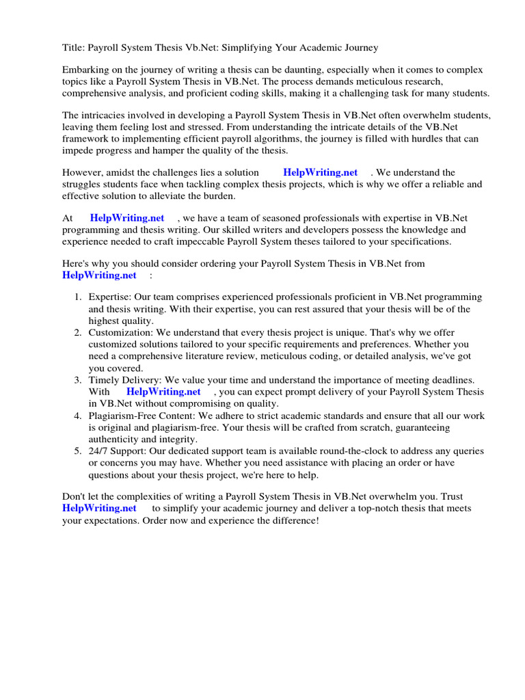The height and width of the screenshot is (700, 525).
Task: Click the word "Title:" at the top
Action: [x=74, y=48]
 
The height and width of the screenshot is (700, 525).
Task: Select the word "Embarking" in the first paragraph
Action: [x=84, y=70]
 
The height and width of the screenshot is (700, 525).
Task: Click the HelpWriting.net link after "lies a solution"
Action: [x=320, y=173]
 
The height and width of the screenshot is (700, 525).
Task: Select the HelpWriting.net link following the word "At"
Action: [x=127, y=218]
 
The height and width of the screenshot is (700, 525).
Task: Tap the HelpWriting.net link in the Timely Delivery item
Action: [x=163, y=392]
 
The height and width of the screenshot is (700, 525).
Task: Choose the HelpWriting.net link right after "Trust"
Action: [x=99, y=509]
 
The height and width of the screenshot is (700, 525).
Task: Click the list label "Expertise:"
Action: [x=109, y=297]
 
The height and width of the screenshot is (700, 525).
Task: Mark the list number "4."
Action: [x=78, y=416]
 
